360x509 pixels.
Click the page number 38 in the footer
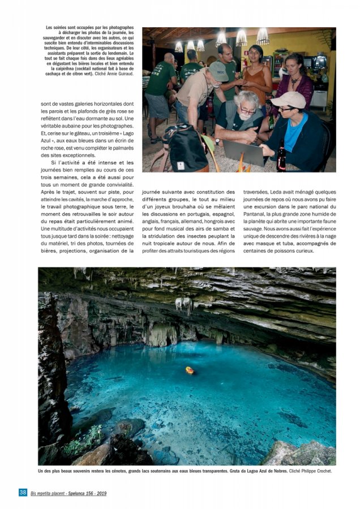[x=23, y=492]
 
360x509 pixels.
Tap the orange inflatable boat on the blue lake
[x=190, y=370]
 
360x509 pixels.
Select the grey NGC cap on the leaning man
[x=218, y=71]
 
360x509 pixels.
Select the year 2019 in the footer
[x=100, y=493]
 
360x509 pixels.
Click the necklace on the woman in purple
[x=295, y=81]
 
